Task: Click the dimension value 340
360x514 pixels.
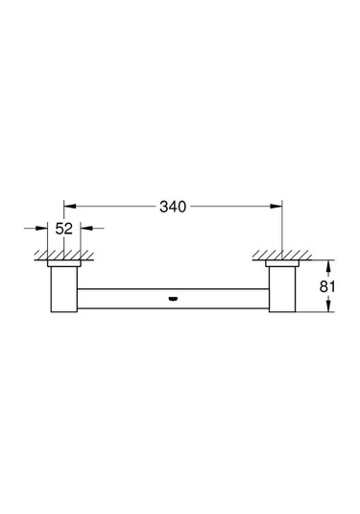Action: tap(175, 207)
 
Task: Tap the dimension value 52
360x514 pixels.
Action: tap(64, 230)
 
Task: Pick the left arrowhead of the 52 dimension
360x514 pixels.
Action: tap(43, 229)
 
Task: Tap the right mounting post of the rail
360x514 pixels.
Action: tap(282, 289)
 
